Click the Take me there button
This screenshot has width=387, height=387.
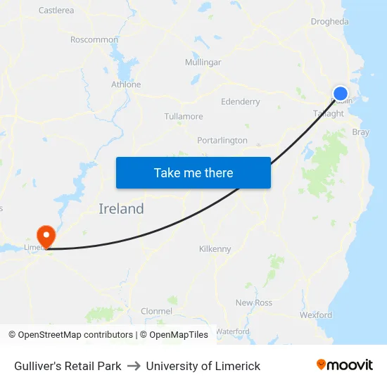click(x=193, y=172)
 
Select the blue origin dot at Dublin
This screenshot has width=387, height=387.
click(x=340, y=94)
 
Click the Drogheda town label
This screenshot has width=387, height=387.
click(x=329, y=22)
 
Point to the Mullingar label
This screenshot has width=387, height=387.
click(x=203, y=63)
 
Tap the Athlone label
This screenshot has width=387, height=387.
click(x=126, y=84)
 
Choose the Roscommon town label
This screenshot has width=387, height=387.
click(x=94, y=40)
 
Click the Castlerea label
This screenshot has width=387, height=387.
click(x=56, y=11)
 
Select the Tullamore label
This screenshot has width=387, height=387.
click(x=184, y=117)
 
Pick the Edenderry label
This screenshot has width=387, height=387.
click(x=241, y=102)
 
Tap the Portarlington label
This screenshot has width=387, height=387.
click(x=222, y=141)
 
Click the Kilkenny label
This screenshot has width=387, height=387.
click(x=215, y=249)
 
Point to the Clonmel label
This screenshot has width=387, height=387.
click(x=156, y=311)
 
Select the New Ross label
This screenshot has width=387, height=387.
click(x=254, y=303)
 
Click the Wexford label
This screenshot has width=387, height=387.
click(x=315, y=315)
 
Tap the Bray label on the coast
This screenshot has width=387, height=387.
click(x=360, y=132)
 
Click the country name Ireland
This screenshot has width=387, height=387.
click(x=121, y=209)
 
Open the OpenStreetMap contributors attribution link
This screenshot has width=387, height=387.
click(x=75, y=335)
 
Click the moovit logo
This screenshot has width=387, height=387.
click(x=345, y=365)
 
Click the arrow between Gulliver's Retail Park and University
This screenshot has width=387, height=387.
click(x=134, y=366)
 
